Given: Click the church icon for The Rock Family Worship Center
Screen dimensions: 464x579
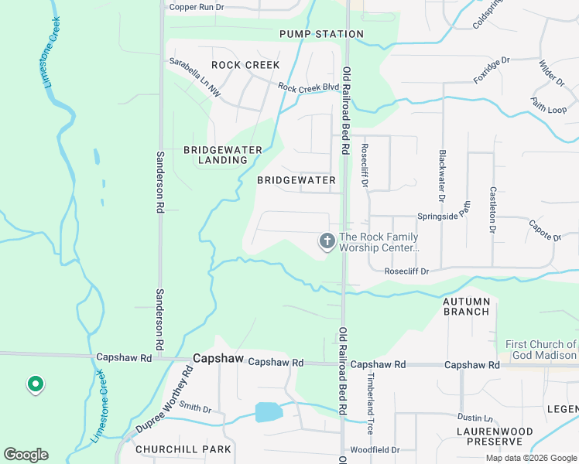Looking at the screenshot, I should pos(327,242).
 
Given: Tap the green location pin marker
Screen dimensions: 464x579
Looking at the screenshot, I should pos(34,384).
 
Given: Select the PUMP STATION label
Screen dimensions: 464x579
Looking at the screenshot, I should pos(321,34).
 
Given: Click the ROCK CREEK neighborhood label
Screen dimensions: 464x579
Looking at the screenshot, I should pos(245,65).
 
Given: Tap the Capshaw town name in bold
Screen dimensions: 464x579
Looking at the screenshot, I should pos(218,360).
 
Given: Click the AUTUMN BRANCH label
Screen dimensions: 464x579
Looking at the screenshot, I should pos(466,306).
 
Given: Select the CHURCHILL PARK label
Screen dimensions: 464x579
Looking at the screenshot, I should pos(183,449).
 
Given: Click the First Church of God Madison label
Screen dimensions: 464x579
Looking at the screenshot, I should pos(541,350).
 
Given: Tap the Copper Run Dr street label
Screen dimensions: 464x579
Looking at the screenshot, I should pos(197,7).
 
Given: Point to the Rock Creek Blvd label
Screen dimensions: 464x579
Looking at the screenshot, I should pos(309,88).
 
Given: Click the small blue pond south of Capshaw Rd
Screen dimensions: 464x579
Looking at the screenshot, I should pos(269,411).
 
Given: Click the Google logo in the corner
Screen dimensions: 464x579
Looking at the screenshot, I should pos(26,455).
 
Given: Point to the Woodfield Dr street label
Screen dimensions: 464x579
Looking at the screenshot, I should pos(375,449).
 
